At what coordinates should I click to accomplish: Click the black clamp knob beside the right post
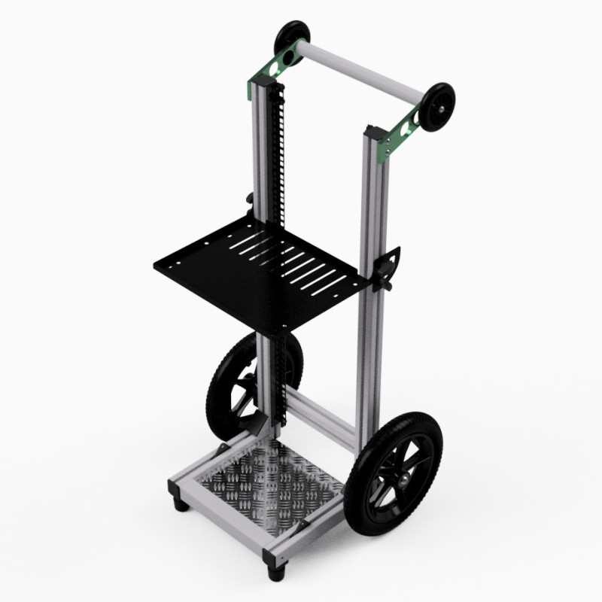390,267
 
